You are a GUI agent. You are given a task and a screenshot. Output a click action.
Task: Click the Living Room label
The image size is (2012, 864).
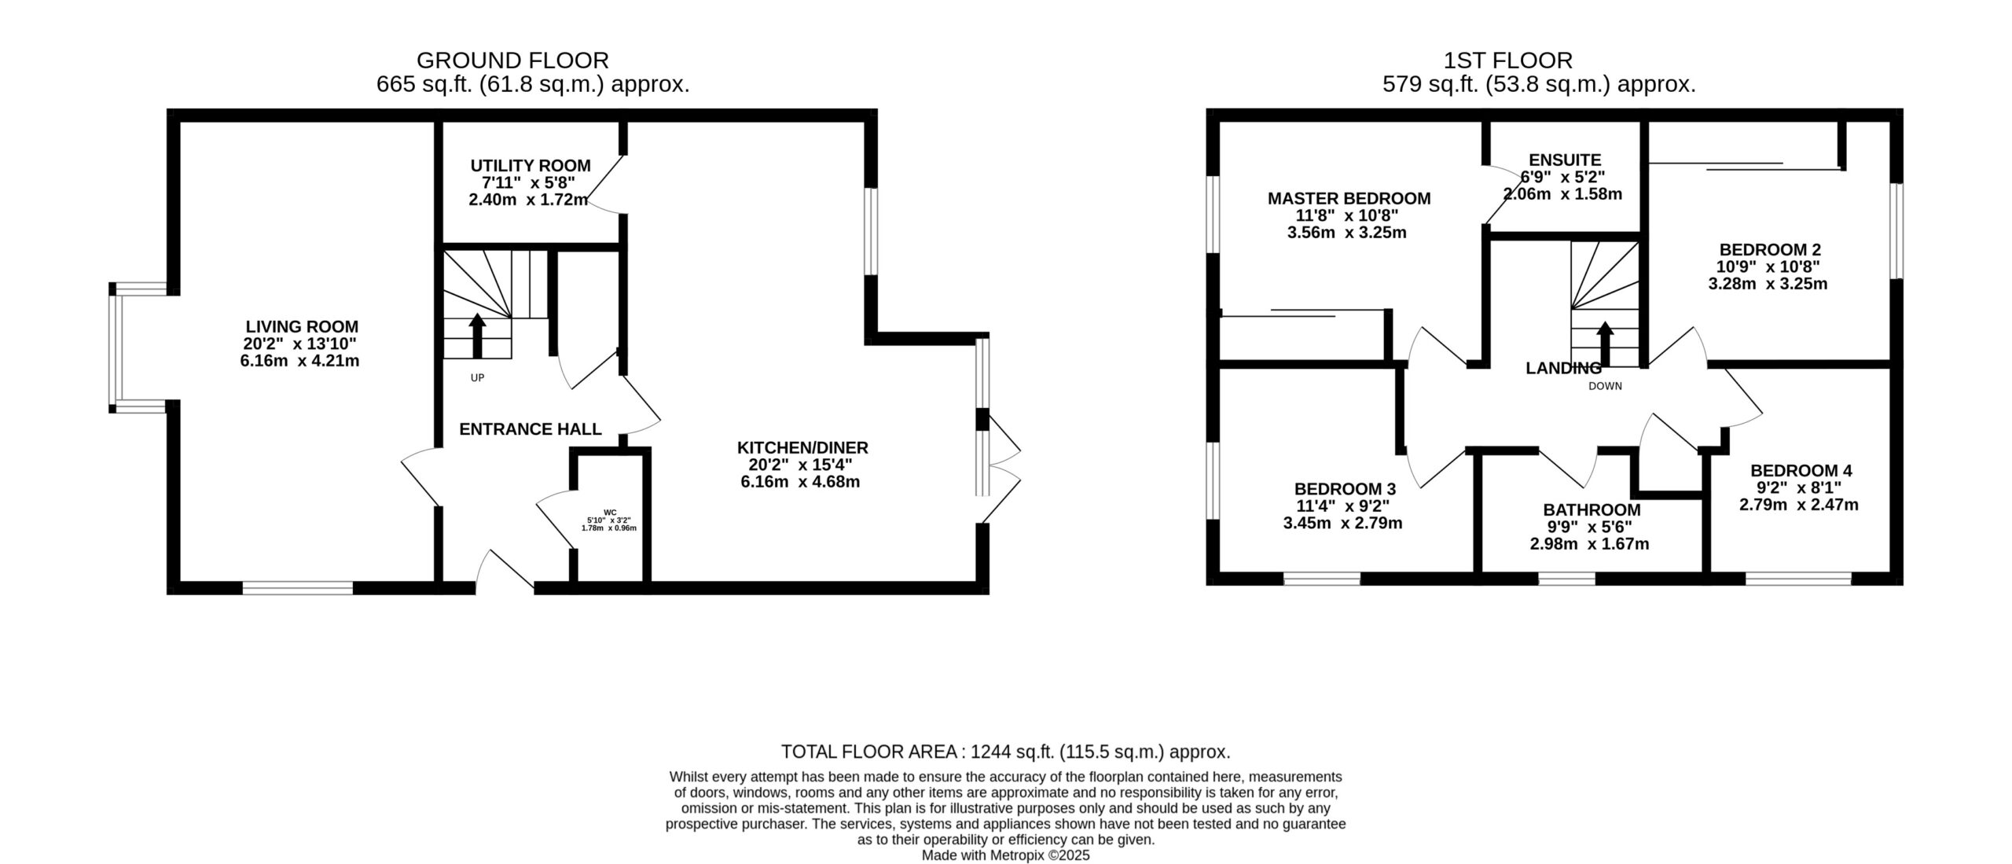302,326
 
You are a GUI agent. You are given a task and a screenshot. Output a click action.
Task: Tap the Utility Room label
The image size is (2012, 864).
531,166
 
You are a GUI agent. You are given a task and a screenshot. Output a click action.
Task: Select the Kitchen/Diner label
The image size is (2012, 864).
802,448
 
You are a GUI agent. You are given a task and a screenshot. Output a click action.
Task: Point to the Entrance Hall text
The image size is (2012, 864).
531,429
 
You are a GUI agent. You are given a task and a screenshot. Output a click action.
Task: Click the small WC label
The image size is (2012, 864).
610,512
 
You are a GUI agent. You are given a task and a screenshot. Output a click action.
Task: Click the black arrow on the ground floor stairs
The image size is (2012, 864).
477,336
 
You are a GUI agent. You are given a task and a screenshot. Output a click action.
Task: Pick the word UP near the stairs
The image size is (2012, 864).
477,378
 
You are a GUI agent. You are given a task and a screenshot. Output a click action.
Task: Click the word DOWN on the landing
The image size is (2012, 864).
1605,386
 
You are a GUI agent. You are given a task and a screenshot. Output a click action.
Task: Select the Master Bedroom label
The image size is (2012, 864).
1349,199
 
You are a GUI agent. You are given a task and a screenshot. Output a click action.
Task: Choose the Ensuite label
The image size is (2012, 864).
1565,160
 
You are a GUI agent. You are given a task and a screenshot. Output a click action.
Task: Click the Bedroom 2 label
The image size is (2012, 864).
1768,250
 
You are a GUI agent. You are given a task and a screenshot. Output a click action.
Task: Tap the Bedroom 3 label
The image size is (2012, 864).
1346,489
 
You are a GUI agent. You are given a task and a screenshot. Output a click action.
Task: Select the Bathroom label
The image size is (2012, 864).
1592,509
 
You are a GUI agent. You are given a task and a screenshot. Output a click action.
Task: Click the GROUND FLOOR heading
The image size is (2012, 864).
512,61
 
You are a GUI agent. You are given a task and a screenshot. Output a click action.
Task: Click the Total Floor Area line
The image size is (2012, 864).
1006,752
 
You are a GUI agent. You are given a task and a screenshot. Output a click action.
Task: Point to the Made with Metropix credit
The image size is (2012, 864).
1006,855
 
